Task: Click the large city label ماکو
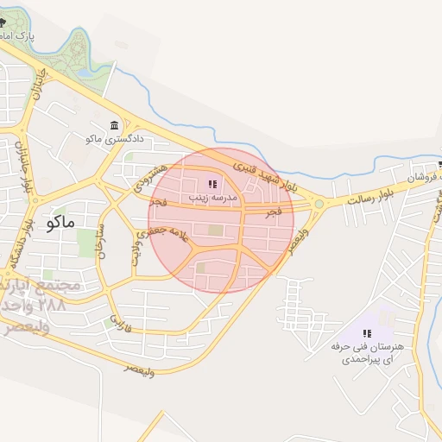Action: pyautogui.click(x=58, y=223)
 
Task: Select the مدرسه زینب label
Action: pyautogui.click(x=213, y=198)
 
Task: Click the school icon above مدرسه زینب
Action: pyautogui.click(x=212, y=185)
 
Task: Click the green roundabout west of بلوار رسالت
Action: pyautogui.click(x=319, y=205)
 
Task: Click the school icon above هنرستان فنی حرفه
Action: pyautogui.click(x=367, y=333)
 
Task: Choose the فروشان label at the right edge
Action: pyautogui.click(x=413, y=177)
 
